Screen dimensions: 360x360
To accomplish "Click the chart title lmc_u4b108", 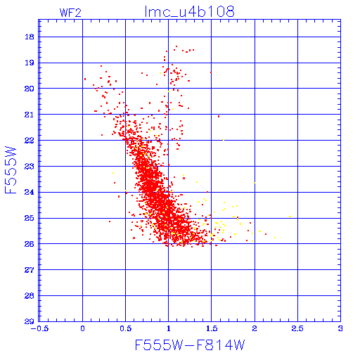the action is [x=189, y=12].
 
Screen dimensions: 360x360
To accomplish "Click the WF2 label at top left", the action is [x=70, y=13].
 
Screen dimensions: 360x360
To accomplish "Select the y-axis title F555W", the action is [x=11, y=170].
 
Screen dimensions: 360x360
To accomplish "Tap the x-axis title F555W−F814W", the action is [x=190, y=345].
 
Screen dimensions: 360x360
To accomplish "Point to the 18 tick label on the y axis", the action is [x=30, y=37].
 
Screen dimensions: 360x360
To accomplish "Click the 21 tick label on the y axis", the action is [x=30, y=115].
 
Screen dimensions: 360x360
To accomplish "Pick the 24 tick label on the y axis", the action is [x=30, y=192].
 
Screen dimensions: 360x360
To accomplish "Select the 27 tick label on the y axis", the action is [x=30, y=270].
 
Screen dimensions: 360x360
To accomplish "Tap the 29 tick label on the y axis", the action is [x=30, y=321].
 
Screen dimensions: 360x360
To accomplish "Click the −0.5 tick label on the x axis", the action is [x=39, y=328].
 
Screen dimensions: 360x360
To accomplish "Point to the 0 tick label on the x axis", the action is [x=82, y=328].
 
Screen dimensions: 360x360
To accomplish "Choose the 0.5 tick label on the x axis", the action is [x=126, y=328].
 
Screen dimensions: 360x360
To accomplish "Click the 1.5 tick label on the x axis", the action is [x=212, y=328].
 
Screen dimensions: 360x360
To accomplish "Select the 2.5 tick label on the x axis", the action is [x=297, y=328].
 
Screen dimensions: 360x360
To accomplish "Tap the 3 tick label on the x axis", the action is [x=340, y=328].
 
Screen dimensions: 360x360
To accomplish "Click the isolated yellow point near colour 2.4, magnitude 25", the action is [x=290, y=217].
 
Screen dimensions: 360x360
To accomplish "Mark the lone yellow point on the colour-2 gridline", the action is [x=255, y=183].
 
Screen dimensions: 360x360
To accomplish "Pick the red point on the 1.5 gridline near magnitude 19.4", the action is [x=211, y=72].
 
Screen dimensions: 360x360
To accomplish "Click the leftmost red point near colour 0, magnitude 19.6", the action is [x=85, y=79].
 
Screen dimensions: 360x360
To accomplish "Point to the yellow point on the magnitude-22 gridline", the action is [x=224, y=140].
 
